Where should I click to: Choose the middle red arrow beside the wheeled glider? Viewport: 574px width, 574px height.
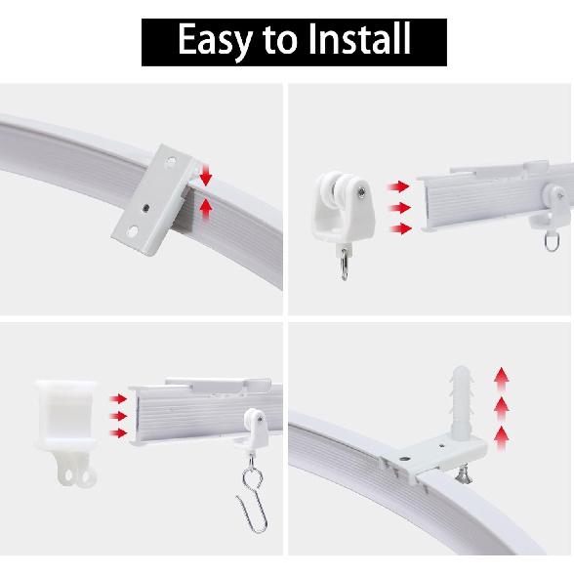397,207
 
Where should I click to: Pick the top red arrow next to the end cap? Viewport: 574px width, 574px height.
118,398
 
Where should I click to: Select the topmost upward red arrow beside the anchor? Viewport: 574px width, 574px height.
502,376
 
